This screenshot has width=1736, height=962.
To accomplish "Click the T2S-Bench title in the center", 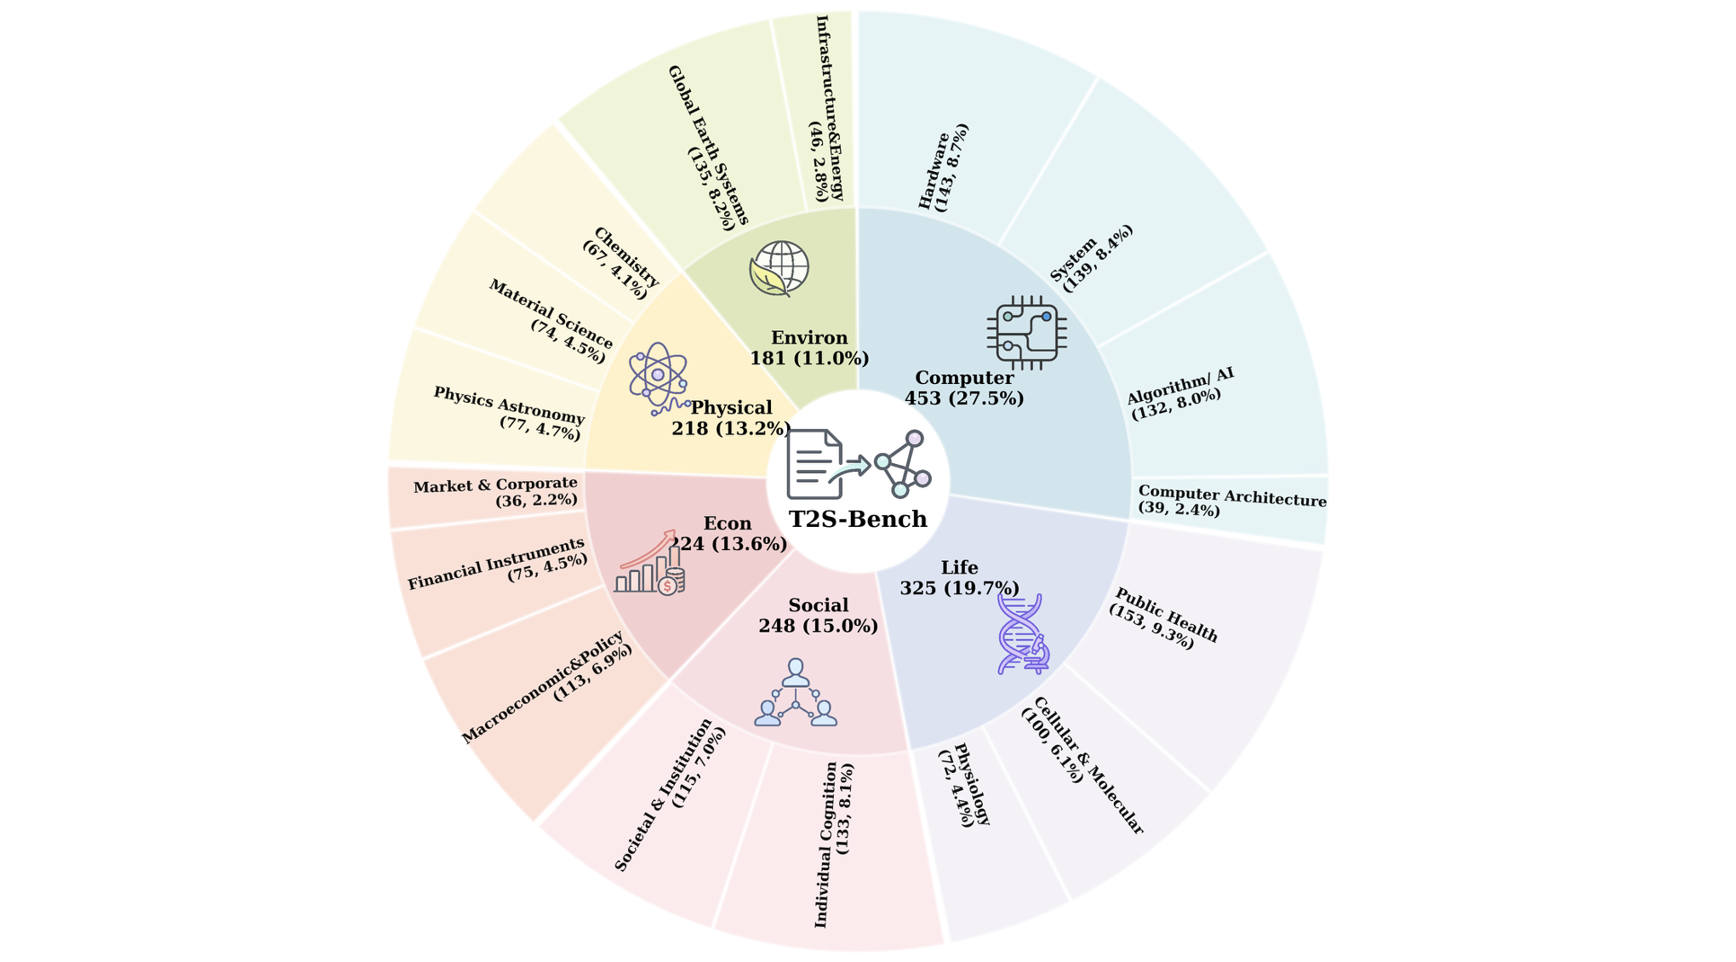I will pyautogui.click(x=858, y=519).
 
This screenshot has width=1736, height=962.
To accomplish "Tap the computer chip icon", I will pyautogui.click(x=1027, y=333).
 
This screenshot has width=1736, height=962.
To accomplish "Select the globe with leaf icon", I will pyautogui.click(x=779, y=268).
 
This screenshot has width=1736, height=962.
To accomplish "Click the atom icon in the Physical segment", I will pyautogui.click(x=658, y=376).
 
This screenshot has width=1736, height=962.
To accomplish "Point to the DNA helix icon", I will pyautogui.click(x=1022, y=634).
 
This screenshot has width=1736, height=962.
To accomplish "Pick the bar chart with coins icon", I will pyautogui.click(x=651, y=565).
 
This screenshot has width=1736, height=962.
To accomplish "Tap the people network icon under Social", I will pyautogui.click(x=796, y=693).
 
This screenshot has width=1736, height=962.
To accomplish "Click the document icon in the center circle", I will pyautogui.click(x=814, y=464).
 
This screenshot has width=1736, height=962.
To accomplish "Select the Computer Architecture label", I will pyautogui.click(x=1231, y=501).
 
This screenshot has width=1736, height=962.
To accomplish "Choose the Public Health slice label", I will pyautogui.click(x=1163, y=620).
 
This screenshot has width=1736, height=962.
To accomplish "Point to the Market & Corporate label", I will pyautogui.click(x=495, y=493).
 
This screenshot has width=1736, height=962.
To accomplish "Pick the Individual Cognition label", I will pyautogui.click(x=834, y=845).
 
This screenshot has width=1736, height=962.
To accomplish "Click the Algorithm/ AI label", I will pyautogui.click(x=1179, y=392).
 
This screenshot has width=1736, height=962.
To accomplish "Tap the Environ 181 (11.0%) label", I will pyautogui.click(x=809, y=348).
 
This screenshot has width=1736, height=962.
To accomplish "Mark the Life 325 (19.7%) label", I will pyautogui.click(x=959, y=578).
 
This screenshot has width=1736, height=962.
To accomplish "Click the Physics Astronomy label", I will pyautogui.click(x=509, y=413).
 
